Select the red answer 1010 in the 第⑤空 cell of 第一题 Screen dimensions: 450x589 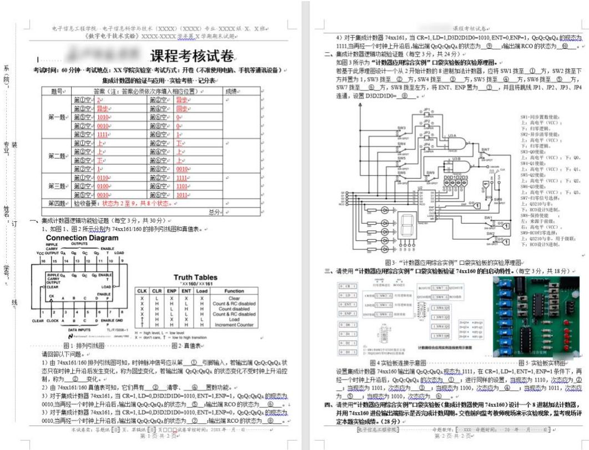[x=103, y=118]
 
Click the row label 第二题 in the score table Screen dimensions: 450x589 [x=57, y=156]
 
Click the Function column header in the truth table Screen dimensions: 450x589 [x=234, y=291]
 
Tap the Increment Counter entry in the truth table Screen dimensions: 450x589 [x=234, y=325]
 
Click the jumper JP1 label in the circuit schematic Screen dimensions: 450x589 [x=426, y=109]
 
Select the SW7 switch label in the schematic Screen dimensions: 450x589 [x=485, y=149]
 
